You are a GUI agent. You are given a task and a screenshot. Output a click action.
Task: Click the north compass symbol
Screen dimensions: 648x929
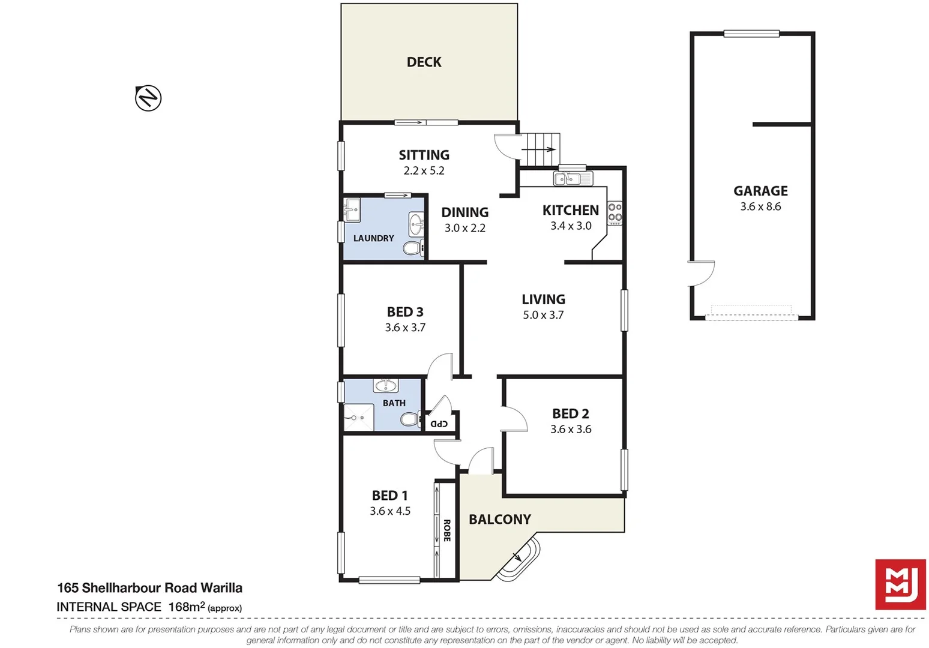pyautogui.click(x=148, y=98)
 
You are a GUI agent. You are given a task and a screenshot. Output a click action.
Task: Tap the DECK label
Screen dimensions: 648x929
pyautogui.click(x=424, y=62)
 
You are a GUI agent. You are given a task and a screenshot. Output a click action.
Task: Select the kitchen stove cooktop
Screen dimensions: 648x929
pyautogui.click(x=615, y=213)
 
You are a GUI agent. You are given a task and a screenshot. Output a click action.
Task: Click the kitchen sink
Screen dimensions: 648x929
pyautogui.click(x=573, y=178)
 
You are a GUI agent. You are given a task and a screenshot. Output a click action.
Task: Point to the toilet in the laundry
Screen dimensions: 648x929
pyautogui.click(x=412, y=248)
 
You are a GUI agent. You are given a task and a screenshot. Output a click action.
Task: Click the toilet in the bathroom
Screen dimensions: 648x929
pyautogui.click(x=410, y=419)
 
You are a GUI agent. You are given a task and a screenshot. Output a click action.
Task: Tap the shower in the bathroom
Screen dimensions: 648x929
pyautogui.click(x=358, y=418)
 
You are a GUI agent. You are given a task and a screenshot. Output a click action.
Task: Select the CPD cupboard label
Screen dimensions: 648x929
pyautogui.click(x=439, y=424)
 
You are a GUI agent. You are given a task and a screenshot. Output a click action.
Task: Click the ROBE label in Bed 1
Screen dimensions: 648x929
pyautogui.click(x=447, y=530)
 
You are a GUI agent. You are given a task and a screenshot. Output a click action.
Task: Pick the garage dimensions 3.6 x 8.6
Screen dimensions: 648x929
pyautogui.click(x=760, y=206)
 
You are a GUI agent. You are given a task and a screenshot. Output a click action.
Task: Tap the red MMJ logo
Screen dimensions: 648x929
pyautogui.click(x=900, y=584)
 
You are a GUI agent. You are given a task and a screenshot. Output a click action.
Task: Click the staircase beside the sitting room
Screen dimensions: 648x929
pyautogui.click(x=540, y=149)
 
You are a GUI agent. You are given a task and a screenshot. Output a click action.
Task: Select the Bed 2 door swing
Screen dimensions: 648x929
pyautogui.click(x=514, y=418)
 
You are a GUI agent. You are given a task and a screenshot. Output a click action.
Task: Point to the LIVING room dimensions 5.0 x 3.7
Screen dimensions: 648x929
pyautogui.click(x=543, y=315)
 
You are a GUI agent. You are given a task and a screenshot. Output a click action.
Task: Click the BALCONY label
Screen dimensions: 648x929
pyautogui.click(x=499, y=519)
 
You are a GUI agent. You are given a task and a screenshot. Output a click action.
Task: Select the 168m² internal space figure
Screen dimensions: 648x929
pyautogui.click(x=187, y=607)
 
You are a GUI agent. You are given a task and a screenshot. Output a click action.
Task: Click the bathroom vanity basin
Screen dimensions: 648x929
pyautogui.click(x=385, y=385)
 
